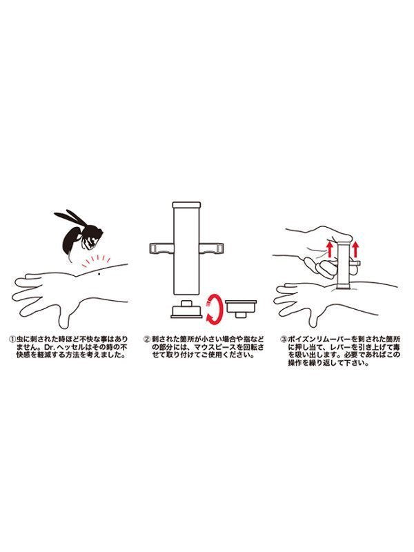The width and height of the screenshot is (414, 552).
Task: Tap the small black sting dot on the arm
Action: (99, 274)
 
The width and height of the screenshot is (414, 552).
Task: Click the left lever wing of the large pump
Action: (161, 248)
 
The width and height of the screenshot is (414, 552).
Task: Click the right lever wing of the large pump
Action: (212, 248)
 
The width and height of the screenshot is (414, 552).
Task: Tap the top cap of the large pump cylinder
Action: (186, 205)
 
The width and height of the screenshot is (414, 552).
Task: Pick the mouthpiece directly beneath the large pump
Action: (186, 309)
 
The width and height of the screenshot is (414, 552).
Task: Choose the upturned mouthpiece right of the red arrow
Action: (241, 308)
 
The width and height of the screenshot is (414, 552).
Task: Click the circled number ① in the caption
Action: (12, 339)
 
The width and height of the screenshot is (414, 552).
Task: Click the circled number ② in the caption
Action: (147, 339)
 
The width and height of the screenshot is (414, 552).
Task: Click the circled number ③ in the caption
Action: (284, 339)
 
